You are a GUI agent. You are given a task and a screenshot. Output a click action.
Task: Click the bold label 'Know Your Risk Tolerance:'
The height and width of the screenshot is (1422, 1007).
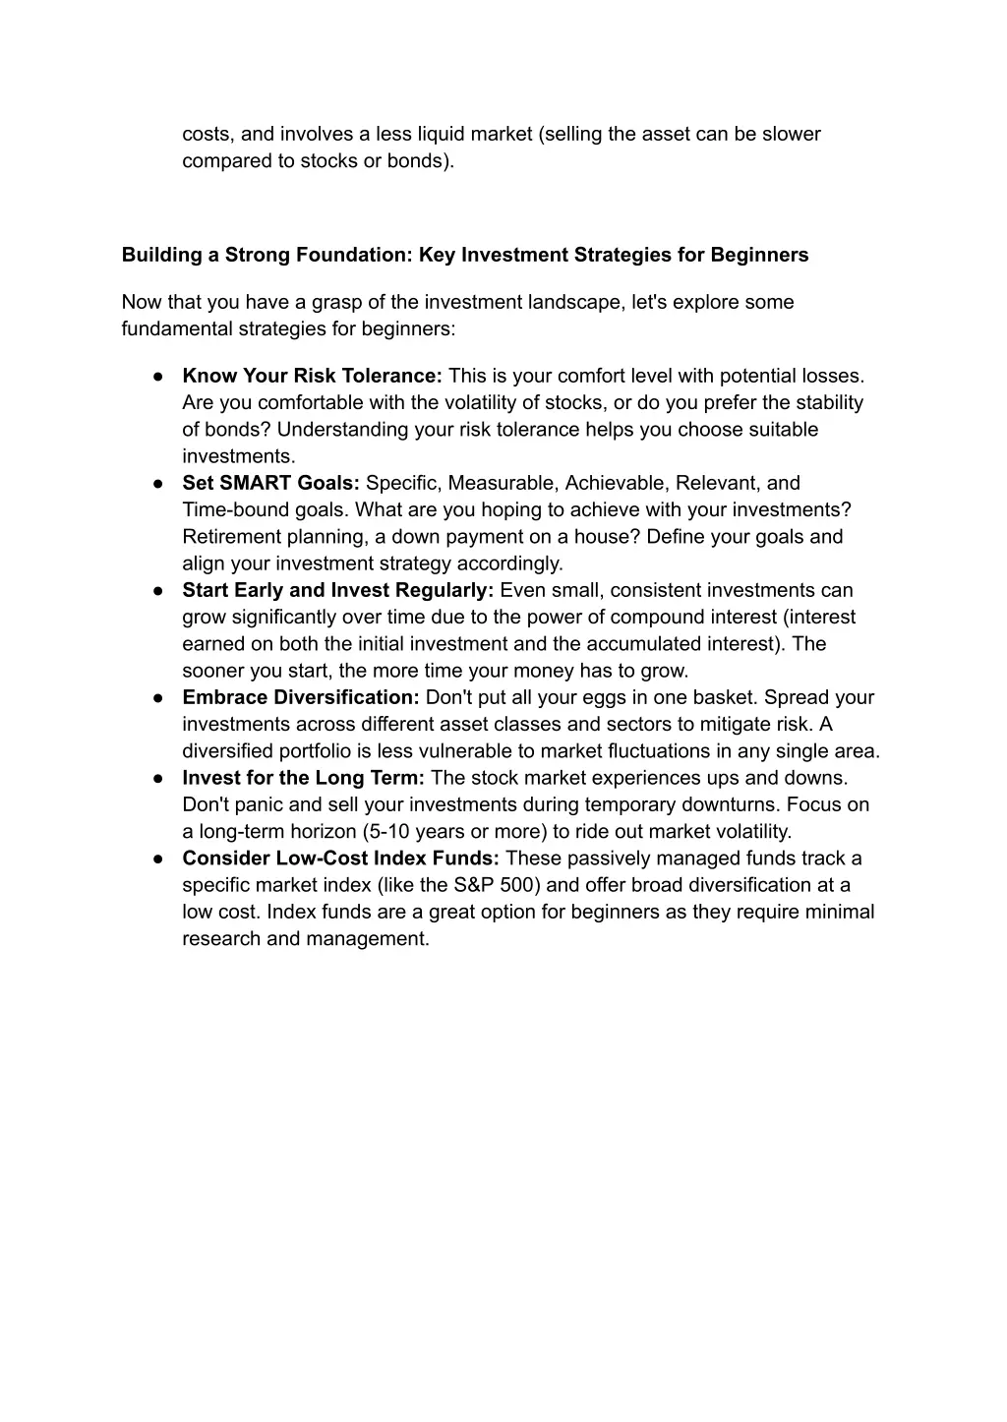pos(312,376)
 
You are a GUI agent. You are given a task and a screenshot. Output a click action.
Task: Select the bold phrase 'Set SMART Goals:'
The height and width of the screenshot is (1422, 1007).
pos(271,483)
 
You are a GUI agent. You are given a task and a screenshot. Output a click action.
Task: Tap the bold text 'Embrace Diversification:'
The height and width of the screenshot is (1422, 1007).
pos(301,697)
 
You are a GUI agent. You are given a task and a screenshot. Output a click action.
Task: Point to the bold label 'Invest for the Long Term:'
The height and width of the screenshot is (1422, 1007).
pos(303,778)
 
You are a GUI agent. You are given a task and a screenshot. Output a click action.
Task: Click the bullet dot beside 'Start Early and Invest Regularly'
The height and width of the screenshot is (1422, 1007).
pos(157,590)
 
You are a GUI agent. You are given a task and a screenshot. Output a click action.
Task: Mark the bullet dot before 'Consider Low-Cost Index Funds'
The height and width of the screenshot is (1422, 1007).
pos(157,859)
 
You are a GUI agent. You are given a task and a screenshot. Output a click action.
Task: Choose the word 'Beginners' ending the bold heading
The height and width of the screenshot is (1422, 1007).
pos(759,256)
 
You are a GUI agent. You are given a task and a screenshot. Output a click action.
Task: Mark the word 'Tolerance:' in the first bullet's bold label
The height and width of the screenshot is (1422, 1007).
pos(391,376)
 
